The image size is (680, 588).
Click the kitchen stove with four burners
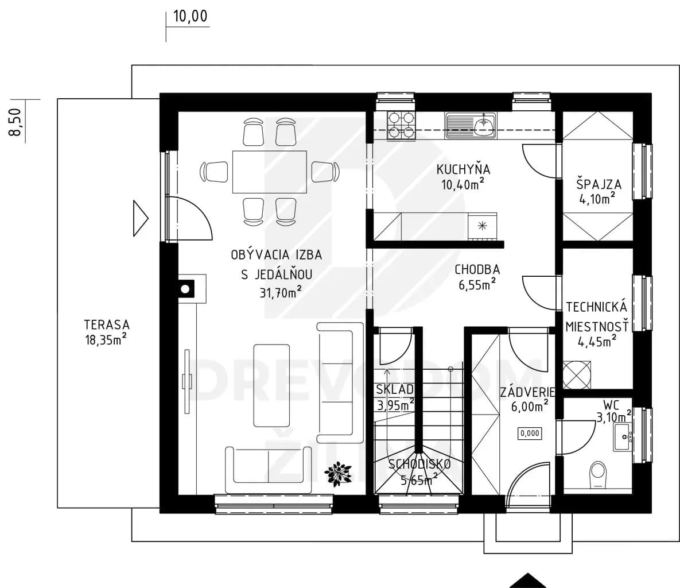401,125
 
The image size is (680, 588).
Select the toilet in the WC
598,475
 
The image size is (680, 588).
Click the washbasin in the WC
622,436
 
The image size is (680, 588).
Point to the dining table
269,172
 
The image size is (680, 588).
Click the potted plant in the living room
338,474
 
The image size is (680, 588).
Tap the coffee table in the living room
271,385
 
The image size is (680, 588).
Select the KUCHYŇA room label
463,169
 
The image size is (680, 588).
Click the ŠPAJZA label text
599,184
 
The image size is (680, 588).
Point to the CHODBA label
477,269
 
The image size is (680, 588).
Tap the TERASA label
107,324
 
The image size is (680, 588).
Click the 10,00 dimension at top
191,17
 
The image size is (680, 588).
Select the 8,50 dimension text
15,122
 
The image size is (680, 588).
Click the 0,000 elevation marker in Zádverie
530,433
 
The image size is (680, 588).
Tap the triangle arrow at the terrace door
141,218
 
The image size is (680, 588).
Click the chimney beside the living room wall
185,289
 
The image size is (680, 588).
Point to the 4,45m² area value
597,341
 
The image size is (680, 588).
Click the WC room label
611,405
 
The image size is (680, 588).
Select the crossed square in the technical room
576,374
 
